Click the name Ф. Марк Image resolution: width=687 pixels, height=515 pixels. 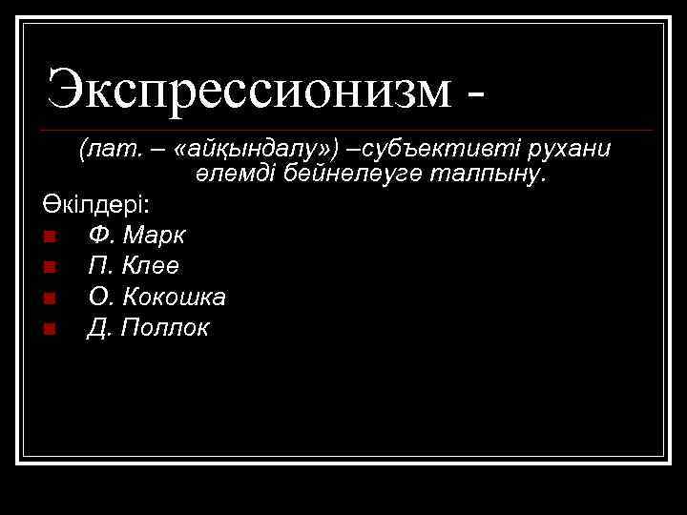136,235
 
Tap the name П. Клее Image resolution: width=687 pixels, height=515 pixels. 134,266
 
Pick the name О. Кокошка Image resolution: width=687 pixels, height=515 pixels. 156,298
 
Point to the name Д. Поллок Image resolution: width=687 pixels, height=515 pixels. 148,329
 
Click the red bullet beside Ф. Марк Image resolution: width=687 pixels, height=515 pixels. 50,236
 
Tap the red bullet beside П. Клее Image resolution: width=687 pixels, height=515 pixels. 50,267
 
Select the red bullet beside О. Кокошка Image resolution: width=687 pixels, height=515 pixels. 50,299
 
